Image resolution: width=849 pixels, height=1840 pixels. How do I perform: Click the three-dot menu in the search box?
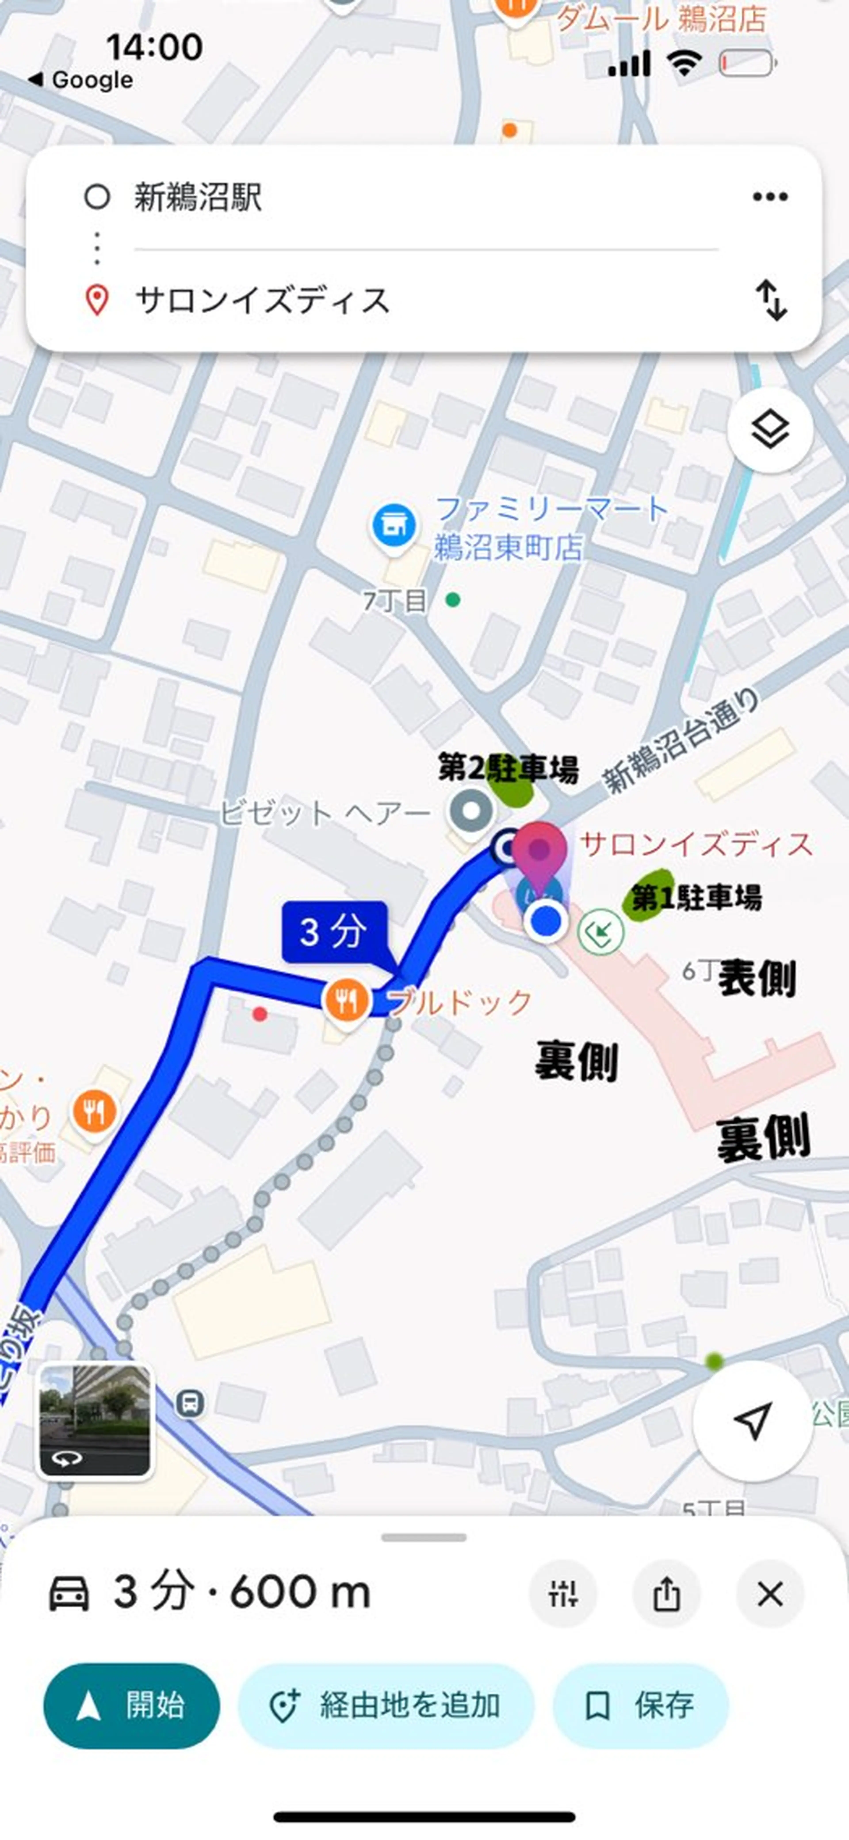pos(770,196)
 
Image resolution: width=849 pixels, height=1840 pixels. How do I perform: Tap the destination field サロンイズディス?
pos(262,300)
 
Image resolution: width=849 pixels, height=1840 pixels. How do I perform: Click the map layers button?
pos(770,430)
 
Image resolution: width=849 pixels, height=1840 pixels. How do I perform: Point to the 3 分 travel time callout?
pos(335,931)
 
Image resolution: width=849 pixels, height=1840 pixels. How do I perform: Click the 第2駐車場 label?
pos(508,769)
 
